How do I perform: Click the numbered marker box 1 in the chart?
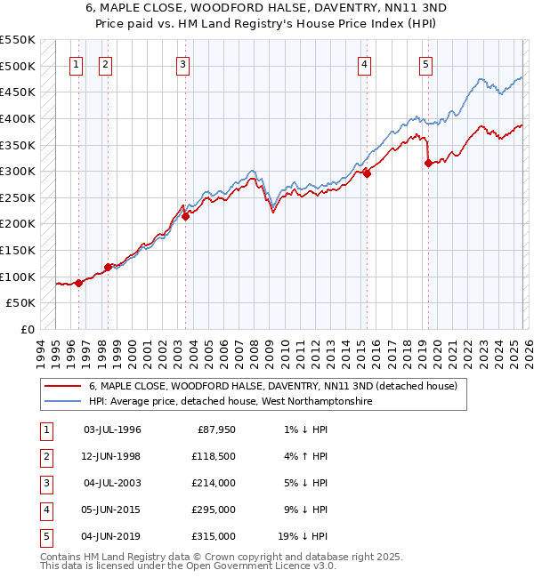(76, 64)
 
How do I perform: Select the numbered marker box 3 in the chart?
(182, 64)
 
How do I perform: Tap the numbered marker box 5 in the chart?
(425, 64)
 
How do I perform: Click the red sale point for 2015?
(367, 173)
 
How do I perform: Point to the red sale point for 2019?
(428, 163)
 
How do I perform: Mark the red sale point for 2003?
(185, 216)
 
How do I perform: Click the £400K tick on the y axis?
(18, 118)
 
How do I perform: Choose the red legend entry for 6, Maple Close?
(272, 387)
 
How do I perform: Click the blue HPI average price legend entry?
(230, 402)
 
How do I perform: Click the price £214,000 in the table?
(216, 483)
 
